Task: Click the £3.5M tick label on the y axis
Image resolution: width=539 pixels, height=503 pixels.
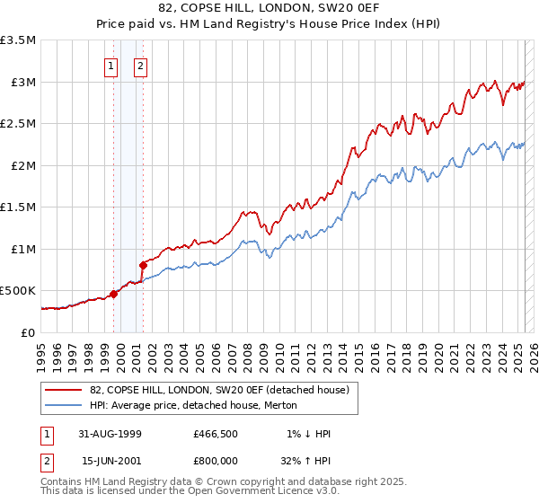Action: [x=18, y=40]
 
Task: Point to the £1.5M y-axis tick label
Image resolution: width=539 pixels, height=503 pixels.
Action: [x=18, y=207]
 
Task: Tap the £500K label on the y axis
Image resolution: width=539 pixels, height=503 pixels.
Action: [x=18, y=291]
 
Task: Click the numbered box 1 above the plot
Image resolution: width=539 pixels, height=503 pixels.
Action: [x=110, y=65]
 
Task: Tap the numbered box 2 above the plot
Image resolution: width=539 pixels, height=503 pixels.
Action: [x=142, y=65]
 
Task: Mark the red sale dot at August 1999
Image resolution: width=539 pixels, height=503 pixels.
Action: [x=114, y=294]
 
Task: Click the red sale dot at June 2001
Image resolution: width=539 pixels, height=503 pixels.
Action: [x=143, y=265]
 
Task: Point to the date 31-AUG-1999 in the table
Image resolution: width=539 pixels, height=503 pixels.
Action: [x=107, y=434]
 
